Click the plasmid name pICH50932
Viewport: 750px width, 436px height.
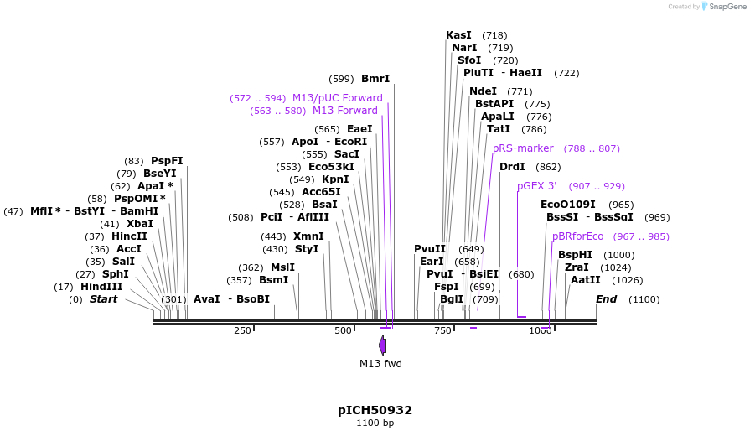point(375,410)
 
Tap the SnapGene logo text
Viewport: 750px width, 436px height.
point(726,7)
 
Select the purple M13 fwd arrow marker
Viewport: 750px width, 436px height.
point(383,345)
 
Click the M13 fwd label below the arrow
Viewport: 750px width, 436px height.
point(380,363)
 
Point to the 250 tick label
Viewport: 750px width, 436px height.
point(242,331)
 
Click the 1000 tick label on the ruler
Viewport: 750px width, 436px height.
point(541,331)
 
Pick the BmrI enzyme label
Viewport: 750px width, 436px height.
point(375,79)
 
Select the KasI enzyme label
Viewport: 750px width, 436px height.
point(458,35)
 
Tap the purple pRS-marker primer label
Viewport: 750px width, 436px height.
point(523,148)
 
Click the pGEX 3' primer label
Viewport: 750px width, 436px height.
point(536,186)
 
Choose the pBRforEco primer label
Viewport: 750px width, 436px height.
point(577,236)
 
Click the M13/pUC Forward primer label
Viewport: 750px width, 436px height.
point(337,98)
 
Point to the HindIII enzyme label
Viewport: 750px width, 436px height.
point(101,287)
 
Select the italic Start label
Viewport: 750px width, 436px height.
point(103,299)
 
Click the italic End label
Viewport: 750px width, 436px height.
point(606,299)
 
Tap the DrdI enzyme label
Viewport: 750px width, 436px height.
point(512,167)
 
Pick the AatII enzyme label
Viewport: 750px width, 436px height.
point(585,280)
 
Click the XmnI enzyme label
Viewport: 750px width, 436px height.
point(308,236)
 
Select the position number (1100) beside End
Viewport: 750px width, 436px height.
point(644,299)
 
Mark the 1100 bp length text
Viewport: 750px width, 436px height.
point(375,423)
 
